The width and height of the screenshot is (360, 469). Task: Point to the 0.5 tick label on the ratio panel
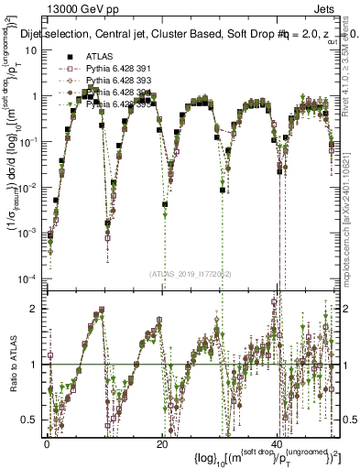coord(32,420)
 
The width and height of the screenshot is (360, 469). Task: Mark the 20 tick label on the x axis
coord(162,444)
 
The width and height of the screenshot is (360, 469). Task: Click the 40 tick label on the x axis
coord(278,444)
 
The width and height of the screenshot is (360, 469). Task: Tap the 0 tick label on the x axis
coord(47,444)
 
